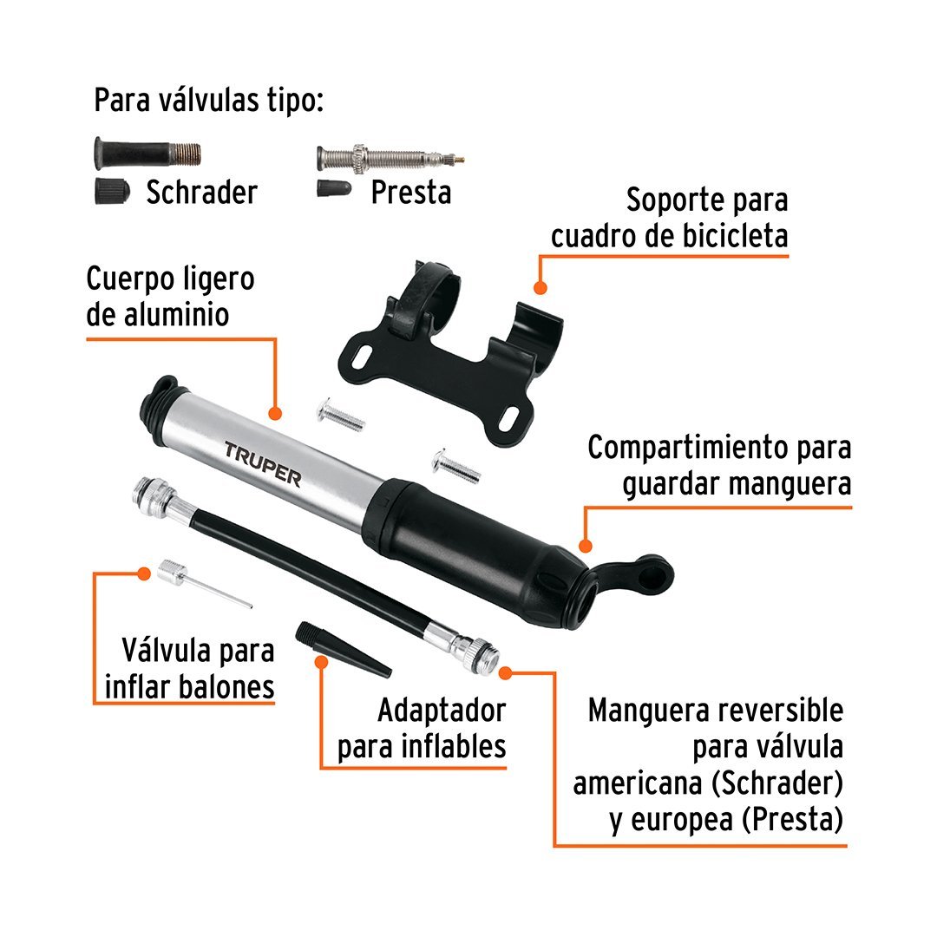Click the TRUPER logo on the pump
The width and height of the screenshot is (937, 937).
coord(263,463)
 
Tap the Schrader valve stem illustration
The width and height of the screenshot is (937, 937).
coord(147,153)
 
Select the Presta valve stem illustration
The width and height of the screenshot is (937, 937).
coord(390,158)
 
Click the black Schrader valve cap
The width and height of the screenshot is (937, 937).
coord(112,191)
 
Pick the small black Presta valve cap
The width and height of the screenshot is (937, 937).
coord(334,189)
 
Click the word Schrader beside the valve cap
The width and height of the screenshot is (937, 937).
coord(202,193)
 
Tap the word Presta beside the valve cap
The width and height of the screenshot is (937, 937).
coord(411,193)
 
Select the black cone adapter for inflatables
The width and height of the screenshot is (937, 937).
coord(343,648)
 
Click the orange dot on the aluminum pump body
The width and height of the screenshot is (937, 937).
coord(275,413)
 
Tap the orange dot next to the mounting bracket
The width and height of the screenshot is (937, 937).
coord(541,288)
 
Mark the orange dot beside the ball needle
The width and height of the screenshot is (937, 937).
coord(143,573)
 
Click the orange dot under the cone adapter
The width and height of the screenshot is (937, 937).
coord(322,662)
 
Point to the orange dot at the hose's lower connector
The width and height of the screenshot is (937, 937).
coord(506,673)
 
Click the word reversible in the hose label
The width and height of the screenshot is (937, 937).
coord(780,711)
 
